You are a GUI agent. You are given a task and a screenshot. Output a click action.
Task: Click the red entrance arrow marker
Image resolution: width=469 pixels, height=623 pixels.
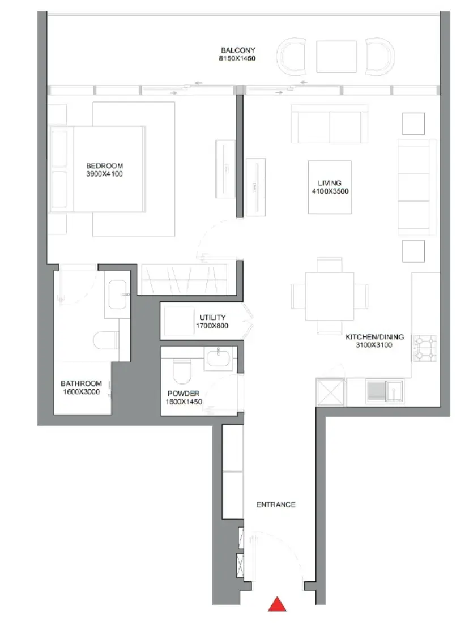pos(277,604)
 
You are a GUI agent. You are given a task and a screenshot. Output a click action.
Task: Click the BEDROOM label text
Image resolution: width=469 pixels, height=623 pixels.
pos(104,166)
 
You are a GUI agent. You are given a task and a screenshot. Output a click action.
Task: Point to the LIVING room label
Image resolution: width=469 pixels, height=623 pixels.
pos(329,183)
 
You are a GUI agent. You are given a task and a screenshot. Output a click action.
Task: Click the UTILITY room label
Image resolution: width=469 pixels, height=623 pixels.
pos(212,318)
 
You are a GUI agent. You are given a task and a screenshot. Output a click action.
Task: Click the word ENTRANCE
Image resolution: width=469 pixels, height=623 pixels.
pos(276,505)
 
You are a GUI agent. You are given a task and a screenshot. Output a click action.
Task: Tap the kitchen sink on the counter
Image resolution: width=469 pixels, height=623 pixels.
pos(385,391)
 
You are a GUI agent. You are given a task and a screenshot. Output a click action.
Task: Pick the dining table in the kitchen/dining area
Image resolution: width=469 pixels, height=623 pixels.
pos(330,295)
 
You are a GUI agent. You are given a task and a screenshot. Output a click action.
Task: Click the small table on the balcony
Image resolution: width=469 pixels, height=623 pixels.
pos(336,56)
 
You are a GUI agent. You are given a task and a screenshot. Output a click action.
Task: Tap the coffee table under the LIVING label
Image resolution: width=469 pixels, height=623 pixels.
pos(329,187)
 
